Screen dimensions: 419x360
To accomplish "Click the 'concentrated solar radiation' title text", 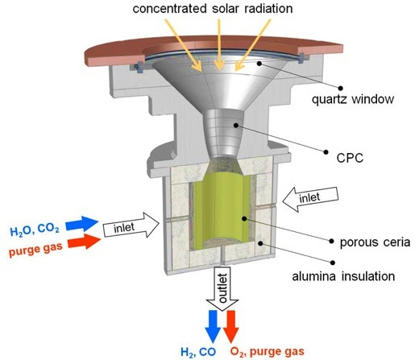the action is pos(213,9).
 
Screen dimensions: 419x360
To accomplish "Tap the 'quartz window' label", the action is pos(353,100).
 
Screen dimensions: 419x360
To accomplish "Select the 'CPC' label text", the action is pos(350,158).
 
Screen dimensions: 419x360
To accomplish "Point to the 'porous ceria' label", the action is pos(375,242).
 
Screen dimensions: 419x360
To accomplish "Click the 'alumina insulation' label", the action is pos(343,276).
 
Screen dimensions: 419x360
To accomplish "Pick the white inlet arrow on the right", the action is pos(310,199).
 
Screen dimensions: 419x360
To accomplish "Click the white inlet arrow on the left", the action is pos(131,226).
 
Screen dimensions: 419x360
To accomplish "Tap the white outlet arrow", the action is pos(222,288).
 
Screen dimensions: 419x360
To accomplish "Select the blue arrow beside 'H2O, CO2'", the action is pos(82,223).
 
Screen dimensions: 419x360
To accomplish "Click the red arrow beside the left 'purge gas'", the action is pos(84,241).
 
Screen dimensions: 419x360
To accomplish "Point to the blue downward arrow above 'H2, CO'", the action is pos(213,327).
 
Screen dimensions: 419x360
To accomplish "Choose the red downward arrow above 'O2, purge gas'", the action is pos(231,327).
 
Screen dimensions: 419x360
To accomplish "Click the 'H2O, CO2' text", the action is pos(35,230).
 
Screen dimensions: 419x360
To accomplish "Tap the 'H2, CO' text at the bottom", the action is pos(198,352).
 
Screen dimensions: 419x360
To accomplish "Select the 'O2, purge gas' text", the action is pos(268,352).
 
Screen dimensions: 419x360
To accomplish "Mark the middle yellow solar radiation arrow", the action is pos(220,45).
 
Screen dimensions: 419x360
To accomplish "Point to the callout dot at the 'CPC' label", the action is pos(326,152).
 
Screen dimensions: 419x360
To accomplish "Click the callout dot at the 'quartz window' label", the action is pos(341,88).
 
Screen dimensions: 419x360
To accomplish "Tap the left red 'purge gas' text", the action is pos(35,250).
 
